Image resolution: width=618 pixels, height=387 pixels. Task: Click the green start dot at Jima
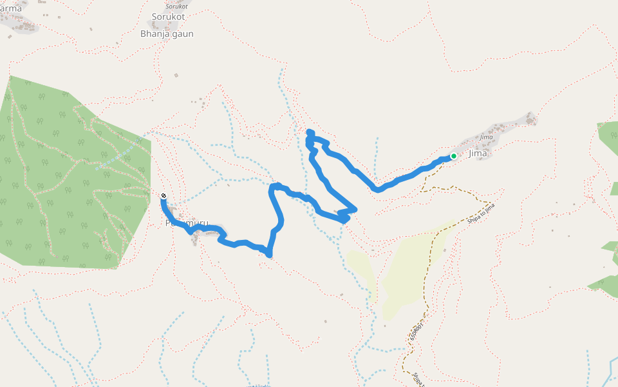pyautogui.click(x=453, y=156)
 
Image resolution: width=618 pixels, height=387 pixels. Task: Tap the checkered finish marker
pyautogui.click(x=164, y=195)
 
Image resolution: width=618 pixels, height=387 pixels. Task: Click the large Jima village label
pyautogui.click(x=478, y=154)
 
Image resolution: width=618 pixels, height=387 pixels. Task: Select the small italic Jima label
pyautogui.click(x=486, y=137)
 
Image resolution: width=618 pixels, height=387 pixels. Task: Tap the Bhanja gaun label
pyautogui.click(x=167, y=34)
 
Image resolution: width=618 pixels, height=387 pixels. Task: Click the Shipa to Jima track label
pyautogui.click(x=482, y=215)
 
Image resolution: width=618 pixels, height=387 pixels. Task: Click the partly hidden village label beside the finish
pyautogui.click(x=187, y=223)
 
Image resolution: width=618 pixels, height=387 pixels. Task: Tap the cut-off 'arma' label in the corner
pyautogui.click(x=11, y=8)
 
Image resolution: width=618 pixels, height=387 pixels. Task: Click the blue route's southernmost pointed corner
pyautogui.click(x=269, y=255)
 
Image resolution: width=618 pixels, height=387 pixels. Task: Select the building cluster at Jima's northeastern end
pyautogui.click(x=530, y=119)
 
